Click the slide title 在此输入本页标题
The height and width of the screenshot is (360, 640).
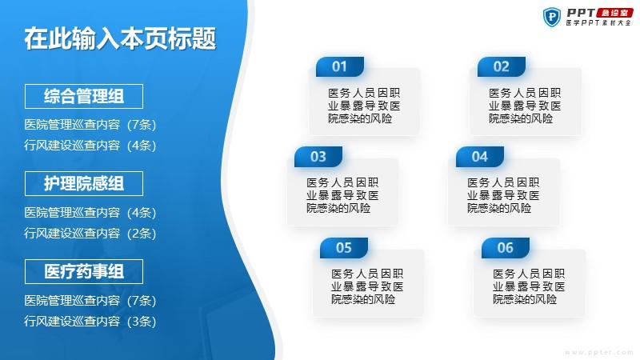coord(120,39)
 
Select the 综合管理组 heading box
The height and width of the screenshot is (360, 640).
coord(84,96)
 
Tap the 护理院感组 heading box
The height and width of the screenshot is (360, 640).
coord(84,184)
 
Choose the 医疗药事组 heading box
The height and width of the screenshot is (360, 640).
coord(84,271)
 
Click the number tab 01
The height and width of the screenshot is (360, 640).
coord(339,66)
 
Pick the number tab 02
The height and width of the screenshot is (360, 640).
coord(502,66)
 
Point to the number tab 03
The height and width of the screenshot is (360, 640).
coord(318,157)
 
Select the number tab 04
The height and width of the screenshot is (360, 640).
coord(479,157)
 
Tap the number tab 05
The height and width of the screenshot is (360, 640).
coord(344,248)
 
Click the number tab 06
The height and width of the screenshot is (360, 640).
coord(506,248)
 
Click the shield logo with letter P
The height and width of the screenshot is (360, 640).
coord(552,17)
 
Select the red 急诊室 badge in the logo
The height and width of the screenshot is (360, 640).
coord(614,13)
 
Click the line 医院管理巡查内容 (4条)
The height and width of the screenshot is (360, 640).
coord(90,213)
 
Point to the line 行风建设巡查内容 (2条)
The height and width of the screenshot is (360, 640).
coord(90,234)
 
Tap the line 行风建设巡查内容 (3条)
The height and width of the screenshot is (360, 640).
coord(90,322)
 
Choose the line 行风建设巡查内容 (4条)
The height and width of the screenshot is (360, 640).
coord(90,146)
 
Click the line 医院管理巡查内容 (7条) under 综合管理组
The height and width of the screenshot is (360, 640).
coord(90,125)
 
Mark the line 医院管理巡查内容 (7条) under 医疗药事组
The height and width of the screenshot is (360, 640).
coord(90,301)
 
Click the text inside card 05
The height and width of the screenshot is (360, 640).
coord(367,286)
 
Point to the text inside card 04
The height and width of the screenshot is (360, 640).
coord(503,195)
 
